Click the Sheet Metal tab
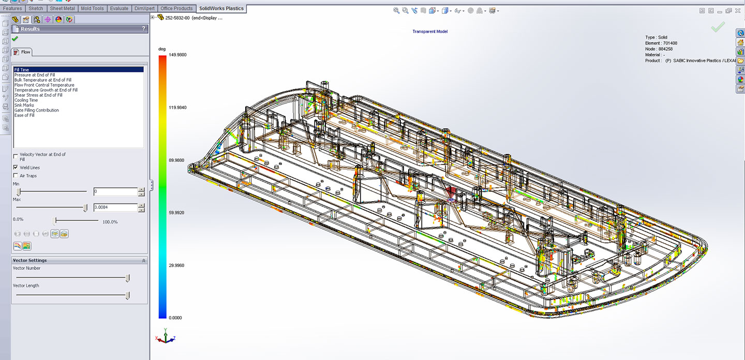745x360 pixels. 62,8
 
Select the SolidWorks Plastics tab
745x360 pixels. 221,8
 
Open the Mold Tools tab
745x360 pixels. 92,8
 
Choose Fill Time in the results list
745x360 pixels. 22,70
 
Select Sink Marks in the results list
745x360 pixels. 24,105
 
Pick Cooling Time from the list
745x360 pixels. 26,100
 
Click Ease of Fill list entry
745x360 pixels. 24,115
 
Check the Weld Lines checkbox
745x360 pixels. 16,168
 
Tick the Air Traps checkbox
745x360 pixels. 16,176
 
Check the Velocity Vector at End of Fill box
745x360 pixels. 16,155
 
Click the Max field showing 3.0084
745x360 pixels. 115,208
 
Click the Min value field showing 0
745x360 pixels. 115,192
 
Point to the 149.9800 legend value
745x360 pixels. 177,55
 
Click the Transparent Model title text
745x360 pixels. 429,32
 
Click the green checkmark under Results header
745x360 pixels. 14,39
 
